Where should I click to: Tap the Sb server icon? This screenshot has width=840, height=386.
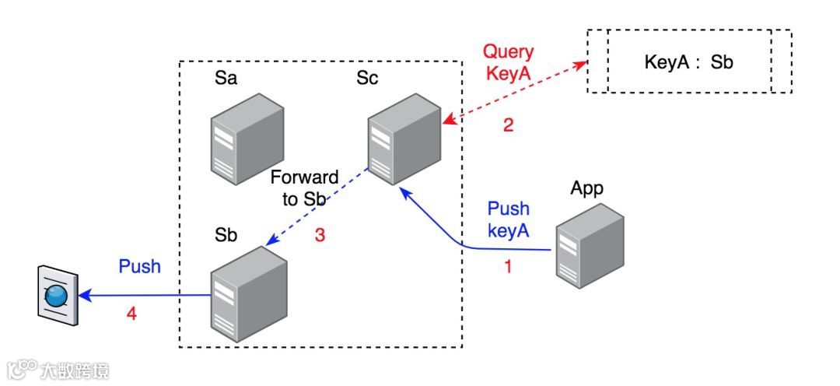[x=245, y=293]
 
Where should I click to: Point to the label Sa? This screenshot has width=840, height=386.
[x=226, y=79]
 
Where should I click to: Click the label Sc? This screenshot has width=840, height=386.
[x=367, y=79]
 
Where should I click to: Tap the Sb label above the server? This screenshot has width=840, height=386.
[x=226, y=236]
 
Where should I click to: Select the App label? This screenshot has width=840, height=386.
[x=587, y=188]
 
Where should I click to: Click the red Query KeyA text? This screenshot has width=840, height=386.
[x=509, y=63]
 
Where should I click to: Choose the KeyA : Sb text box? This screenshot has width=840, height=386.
[x=689, y=62]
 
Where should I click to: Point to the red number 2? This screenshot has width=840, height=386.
[x=509, y=125]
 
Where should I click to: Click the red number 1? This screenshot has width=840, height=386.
[x=509, y=266]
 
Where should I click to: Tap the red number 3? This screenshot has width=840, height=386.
[x=320, y=235]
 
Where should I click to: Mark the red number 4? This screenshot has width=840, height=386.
[x=132, y=314]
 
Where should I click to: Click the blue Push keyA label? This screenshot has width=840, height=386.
[x=509, y=219]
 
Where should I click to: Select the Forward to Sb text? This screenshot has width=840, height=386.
[x=304, y=188]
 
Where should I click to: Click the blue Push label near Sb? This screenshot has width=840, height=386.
[x=140, y=266]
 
